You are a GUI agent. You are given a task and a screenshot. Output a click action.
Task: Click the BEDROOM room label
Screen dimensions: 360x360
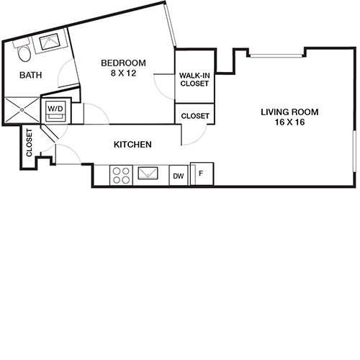pyautogui.click(x=123, y=63)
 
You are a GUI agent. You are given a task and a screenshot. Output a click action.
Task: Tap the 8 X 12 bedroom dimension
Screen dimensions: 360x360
pyautogui.click(x=123, y=73)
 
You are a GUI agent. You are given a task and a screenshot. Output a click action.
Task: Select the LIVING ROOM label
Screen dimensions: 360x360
pyautogui.click(x=289, y=112)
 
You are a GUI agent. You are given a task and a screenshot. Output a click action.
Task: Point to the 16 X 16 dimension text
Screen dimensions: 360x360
pyautogui.click(x=289, y=122)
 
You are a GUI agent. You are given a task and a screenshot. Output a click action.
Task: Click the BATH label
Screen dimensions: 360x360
pyautogui.click(x=31, y=75)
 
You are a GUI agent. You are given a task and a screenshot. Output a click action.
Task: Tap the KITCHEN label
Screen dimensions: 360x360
pyautogui.click(x=132, y=145)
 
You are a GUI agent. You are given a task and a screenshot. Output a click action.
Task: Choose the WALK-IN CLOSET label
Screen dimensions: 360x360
pyautogui.click(x=194, y=79)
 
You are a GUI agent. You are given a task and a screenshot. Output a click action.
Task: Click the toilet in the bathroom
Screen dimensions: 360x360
pyautogui.click(x=23, y=51)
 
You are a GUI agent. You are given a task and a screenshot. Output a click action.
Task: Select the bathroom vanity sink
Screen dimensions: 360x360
pyautogui.click(x=50, y=42)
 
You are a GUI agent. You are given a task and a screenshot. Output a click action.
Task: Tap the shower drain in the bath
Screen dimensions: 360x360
pyautogui.click(x=22, y=110)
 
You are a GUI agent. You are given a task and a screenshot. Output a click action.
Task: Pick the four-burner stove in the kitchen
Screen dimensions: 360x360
pyautogui.click(x=121, y=175)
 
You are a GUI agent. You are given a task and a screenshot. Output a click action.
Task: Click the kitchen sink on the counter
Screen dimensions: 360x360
pyautogui.click(x=148, y=173)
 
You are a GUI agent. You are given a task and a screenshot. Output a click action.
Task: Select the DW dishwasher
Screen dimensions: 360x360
pyautogui.click(x=179, y=175)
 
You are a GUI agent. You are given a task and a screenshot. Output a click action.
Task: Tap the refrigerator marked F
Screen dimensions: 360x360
pyautogui.click(x=202, y=174)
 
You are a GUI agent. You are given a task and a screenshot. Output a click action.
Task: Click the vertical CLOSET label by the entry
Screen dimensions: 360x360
pyautogui.click(x=29, y=143)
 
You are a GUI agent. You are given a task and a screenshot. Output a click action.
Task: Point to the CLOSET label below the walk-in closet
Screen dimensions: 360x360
pyautogui.click(x=195, y=116)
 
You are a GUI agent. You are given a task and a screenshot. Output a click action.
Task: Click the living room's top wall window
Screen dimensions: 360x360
pyautogui.click(x=276, y=55)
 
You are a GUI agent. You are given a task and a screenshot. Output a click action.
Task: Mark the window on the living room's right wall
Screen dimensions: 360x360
pyautogui.click(x=354, y=151)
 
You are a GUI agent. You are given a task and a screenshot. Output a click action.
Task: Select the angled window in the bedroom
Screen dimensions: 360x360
pyautogui.click(x=171, y=25)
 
